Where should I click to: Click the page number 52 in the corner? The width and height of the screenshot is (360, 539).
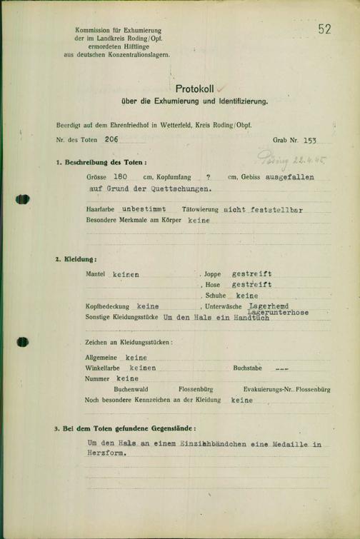[324, 29]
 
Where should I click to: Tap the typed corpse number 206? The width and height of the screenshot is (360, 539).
[111, 141]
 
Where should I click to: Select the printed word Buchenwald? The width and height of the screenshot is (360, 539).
[132, 390]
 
